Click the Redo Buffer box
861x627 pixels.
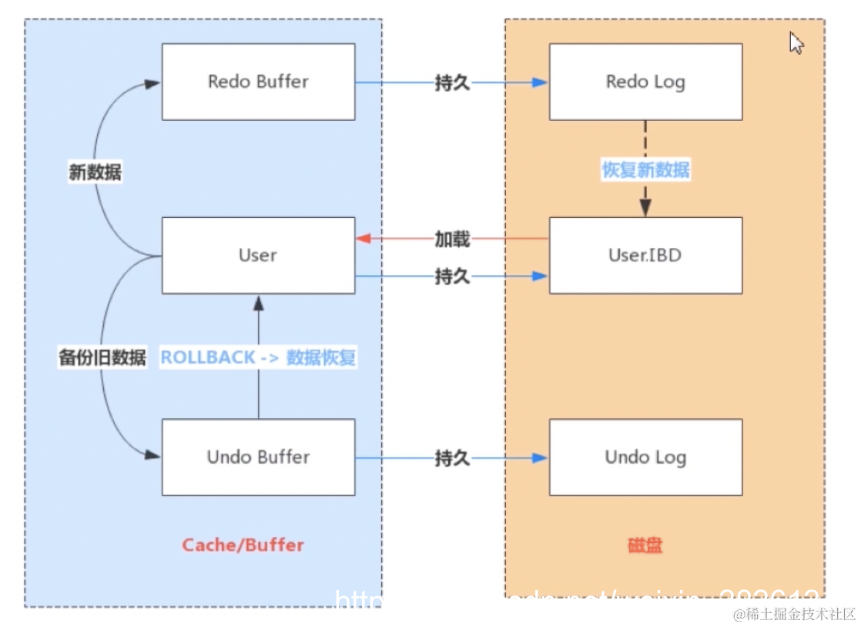pyautogui.click(x=258, y=82)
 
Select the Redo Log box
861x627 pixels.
pyautogui.click(x=645, y=82)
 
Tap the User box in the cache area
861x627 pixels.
pyautogui.click(x=258, y=255)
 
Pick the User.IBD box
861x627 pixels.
pyautogui.click(x=645, y=255)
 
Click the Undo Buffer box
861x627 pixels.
pyautogui.click(x=258, y=457)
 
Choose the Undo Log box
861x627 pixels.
pyautogui.click(x=645, y=457)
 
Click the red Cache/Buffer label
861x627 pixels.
pyautogui.click(x=243, y=545)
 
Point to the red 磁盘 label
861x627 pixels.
pyautogui.click(x=645, y=545)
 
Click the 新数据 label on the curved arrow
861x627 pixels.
pyautogui.click(x=95, y=172)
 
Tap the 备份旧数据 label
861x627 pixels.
pyautogui.click(x=102, y=357)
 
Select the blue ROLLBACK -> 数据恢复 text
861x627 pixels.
pyautogui.click(x=258, y=357)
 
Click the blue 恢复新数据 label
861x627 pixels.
pyautogui.click(x=645, y=169)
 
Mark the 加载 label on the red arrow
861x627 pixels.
pyautogui.click(x=452, y=240)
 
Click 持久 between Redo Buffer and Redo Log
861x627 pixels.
pyautogui.click(x=452, y=83)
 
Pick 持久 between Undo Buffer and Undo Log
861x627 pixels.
pyautogui.click(x=452, y=458)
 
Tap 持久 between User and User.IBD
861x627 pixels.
pyautogui.click(x=452, y=277)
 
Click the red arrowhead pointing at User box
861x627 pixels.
pyautogui.click(x=363, y=240)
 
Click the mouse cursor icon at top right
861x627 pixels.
pyautogui.click(x=796, y=43)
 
